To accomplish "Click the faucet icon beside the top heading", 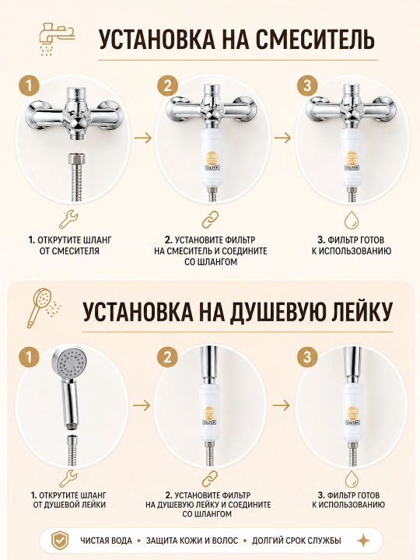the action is point(57,39).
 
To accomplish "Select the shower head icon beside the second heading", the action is point(43,308).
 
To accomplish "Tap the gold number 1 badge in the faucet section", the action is point(30,86).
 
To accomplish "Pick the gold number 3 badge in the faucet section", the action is point(307,86).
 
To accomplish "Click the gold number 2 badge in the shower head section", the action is point(167,357).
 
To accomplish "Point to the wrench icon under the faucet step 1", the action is point(68,219).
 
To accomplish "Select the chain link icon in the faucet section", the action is point(210,219).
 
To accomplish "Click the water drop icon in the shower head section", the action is point(351,479).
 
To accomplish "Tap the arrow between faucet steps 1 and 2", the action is point(143,138).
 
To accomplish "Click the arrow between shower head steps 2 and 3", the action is point(281,405).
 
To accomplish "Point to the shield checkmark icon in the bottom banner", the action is point(59,541).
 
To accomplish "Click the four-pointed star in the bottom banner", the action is point(363,541).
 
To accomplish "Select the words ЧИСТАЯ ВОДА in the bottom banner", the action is point(106,541).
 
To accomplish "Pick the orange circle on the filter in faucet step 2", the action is point(212,158).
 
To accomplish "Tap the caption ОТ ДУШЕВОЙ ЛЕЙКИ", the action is point(69,505).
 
